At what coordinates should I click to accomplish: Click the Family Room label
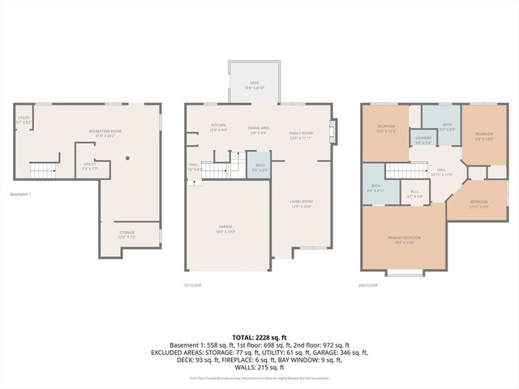pyautogui.click(x=301, y=135)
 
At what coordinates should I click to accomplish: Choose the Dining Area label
pyautogui.click(x=259, y=130)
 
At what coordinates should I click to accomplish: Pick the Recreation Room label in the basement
pyautogui.click(x=105, y=134)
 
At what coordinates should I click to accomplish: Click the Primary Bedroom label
pyautogui.click(x=403, y=240)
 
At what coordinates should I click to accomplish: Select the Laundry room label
pyautogui.click(x=422, y=139)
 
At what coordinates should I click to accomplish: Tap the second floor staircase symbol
pyautogui.click(x=401, y=170)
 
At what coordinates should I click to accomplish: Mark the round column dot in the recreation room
pyautogui.click(x=127, y=158)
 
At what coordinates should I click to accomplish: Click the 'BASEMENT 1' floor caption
pyautogui.click(x=21, y=194)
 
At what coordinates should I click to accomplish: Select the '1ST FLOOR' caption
pyautogui.click(x=192, y=285)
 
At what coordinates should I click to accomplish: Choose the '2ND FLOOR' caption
pyautogui.click(x=367, y=285)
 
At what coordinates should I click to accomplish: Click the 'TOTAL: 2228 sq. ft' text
pyautogui.click(x=259, y=336)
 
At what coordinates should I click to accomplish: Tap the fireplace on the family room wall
pyautogui.click(x=332, y=132)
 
